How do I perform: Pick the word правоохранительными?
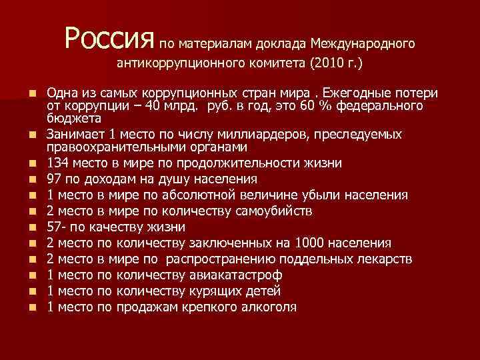pyautogui.click(x=117, y=147)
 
